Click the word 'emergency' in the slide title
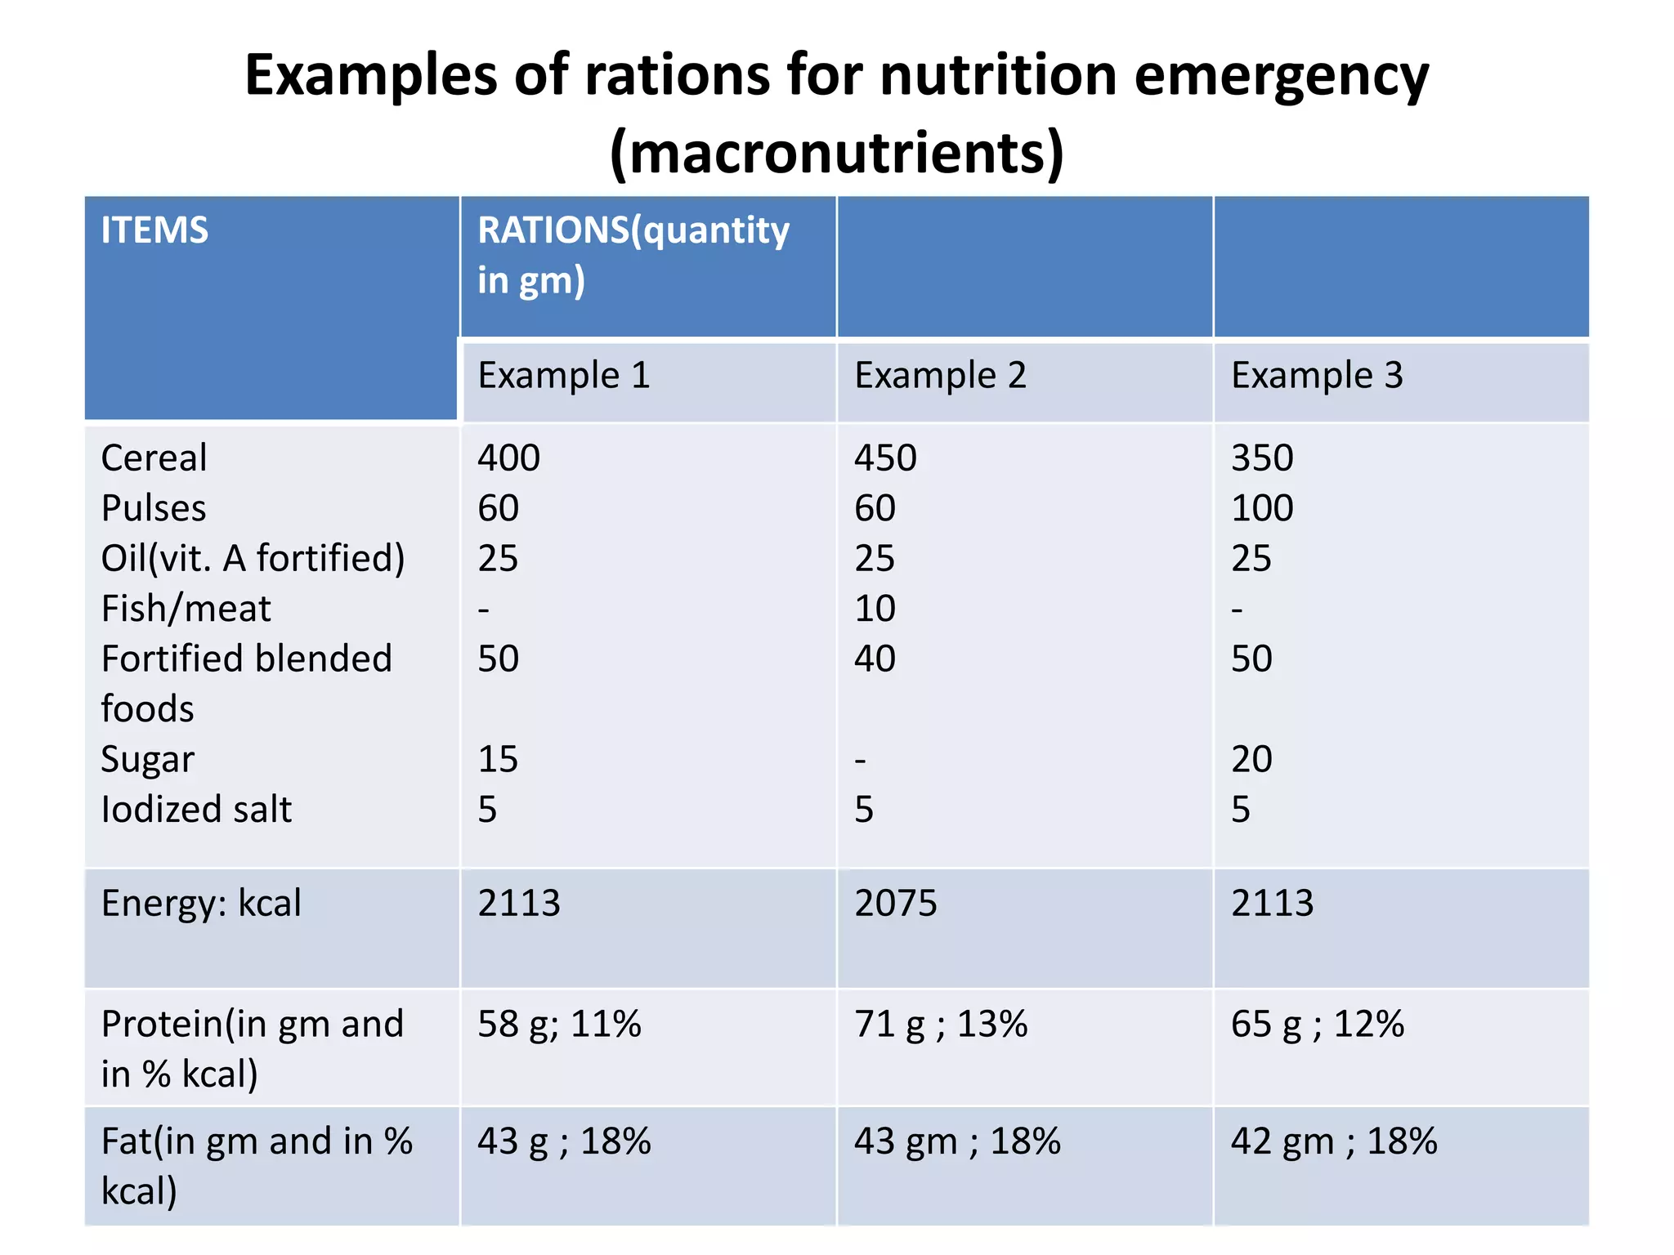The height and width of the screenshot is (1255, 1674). tap(1281, 76)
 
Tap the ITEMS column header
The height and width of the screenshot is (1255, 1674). tap(154, 230)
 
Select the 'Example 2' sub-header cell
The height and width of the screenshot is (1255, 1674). tap(940, 376)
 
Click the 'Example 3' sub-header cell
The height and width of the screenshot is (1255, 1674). tap(1317, 376)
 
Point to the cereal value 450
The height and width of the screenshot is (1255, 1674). tap(885, 458)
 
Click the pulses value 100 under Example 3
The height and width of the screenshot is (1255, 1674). tap(1262, 508)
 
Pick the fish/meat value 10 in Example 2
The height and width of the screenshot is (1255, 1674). tap(875, 609)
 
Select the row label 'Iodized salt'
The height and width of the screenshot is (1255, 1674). tap(196, 810)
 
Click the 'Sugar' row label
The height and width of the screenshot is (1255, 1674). tap(147, 760)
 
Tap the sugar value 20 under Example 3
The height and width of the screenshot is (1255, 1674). tap(1251, 760)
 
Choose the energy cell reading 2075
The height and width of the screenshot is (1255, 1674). tap(895, 904)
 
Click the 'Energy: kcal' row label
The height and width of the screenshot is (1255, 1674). tap(201, 904)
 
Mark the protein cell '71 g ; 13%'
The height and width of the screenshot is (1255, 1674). tap(940, 1025)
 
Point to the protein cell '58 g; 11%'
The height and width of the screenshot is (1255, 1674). tap(559, 1025)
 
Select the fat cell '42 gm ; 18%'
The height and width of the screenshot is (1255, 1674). tap(1333, 1141)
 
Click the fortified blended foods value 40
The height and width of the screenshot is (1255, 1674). tap(875, 659)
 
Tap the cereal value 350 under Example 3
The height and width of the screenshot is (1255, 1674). tap(1262, 458)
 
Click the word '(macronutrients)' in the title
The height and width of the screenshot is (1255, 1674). tap(837, 153)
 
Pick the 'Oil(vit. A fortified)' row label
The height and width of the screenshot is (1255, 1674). tap(253, 559)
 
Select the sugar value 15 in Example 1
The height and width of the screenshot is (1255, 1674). tap(498, 760)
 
